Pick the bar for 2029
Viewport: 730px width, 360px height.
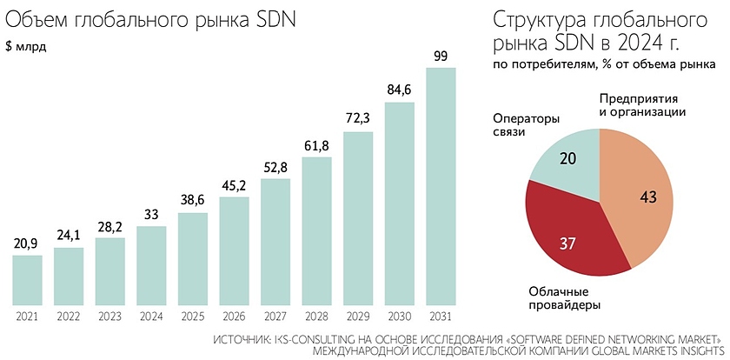(x=358, y=217)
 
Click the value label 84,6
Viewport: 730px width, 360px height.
(x=399, y=90)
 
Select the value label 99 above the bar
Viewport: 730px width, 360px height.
(x=441, y=57)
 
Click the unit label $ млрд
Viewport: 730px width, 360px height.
(x=27, y=47)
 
